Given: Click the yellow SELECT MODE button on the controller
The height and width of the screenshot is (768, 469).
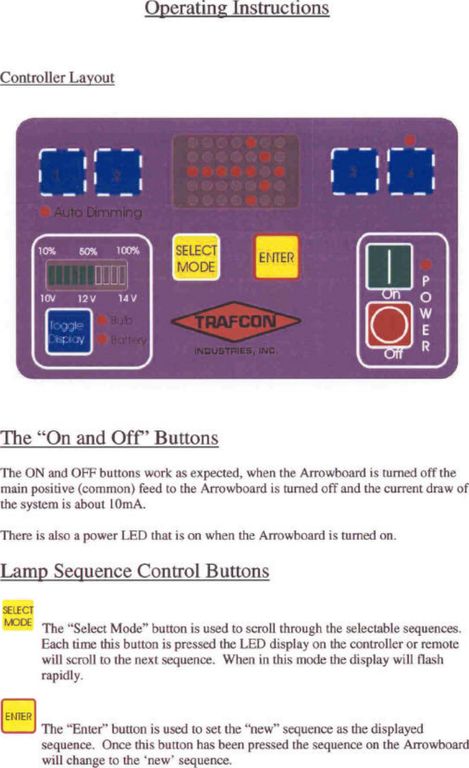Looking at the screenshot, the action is tap(196, 258).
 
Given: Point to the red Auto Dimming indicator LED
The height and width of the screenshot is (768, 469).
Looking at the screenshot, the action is tap(44, 211).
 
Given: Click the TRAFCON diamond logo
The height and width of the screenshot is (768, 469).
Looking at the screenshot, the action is tap(235, 322).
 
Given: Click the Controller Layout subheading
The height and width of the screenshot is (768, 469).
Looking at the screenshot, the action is tap(57, 78).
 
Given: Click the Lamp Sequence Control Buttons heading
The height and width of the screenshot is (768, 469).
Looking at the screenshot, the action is tap(135, 572).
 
